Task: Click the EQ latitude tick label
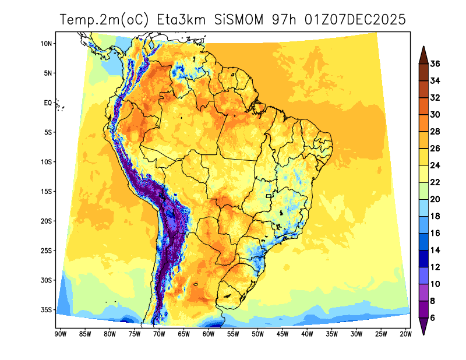click(48, 103)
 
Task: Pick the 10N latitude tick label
click(47, 44)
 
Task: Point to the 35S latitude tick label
click(47, 309)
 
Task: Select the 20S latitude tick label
click(47, 221)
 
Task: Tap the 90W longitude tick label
click(59, 334)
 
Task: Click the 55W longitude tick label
click(232, 334)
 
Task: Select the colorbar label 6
click(433, 318)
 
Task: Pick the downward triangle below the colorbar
click(423, 327)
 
